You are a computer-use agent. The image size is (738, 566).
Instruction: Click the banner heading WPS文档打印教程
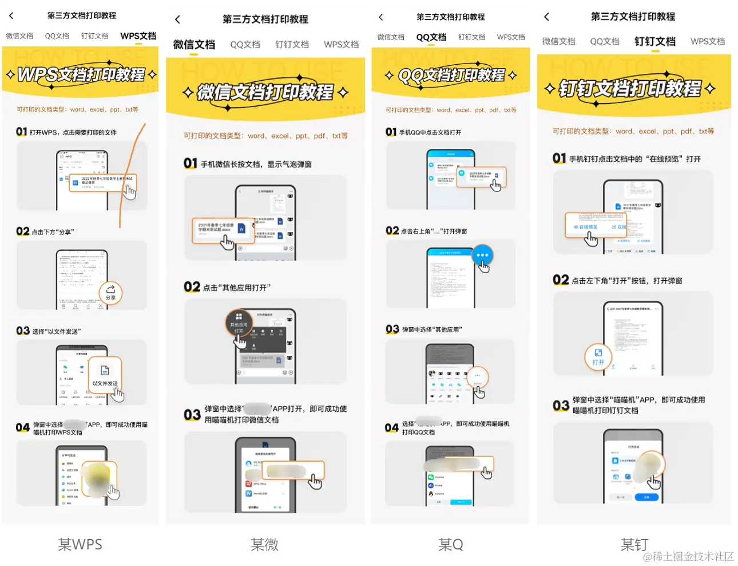tap(81, 74)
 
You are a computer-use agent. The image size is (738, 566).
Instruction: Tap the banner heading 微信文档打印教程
tap(265, 92)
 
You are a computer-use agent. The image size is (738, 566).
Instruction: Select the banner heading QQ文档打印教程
tap(451, 75)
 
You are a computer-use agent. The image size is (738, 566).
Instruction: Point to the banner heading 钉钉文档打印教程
tap(630, 88)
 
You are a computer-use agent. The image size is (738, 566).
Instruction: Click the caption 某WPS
tap(80, 544)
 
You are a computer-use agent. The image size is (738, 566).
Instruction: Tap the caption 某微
tap(264, 544)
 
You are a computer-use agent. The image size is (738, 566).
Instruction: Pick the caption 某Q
tap(451, 544)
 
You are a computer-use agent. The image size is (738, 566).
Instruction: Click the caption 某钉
tap(634, 544)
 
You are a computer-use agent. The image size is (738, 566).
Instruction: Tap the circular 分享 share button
tap(110, 293)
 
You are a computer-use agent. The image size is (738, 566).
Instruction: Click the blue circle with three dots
tap(482, 256)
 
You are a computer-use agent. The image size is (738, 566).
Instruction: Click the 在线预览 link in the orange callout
tap(586, 227)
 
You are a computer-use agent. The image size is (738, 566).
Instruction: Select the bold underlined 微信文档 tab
tap(194, 45)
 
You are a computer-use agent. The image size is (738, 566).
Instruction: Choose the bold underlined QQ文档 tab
tap(431, 37)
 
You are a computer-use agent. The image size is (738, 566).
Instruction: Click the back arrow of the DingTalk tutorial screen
tap(546, 17)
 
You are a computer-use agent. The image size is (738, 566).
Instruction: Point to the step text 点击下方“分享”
tap(53, 232)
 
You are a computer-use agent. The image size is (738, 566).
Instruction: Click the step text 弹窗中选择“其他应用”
tap(432, 329)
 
